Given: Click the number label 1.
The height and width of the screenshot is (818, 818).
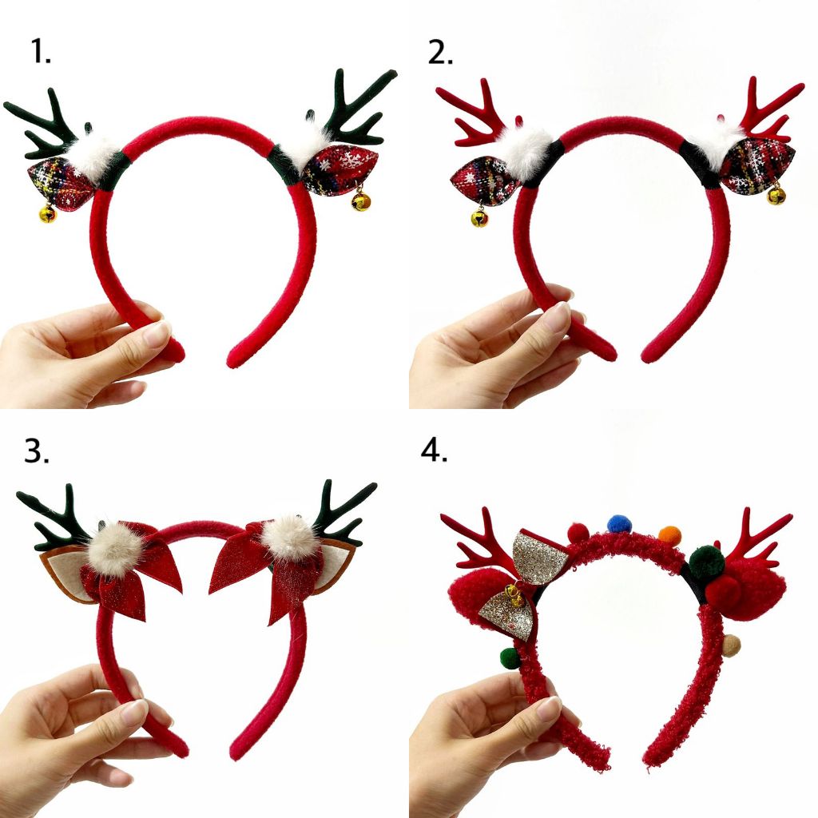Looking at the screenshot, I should click(x=41, y=52).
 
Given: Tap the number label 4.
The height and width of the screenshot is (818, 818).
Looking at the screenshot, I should click(x=434, y=451).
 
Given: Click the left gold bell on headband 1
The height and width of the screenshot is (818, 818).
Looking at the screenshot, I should click(x=48, y=213).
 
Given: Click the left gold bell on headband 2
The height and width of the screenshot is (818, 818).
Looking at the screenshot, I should click(x=479, y=216).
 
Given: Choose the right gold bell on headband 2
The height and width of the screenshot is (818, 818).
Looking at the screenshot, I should click(x=776, y=195).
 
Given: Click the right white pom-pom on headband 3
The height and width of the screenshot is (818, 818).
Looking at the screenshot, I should click(x=289, y=538).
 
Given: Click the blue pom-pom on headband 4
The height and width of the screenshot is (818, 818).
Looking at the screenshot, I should click(x=619, y=524).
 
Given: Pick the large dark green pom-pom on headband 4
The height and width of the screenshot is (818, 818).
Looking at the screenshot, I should click(x=706, y=562).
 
